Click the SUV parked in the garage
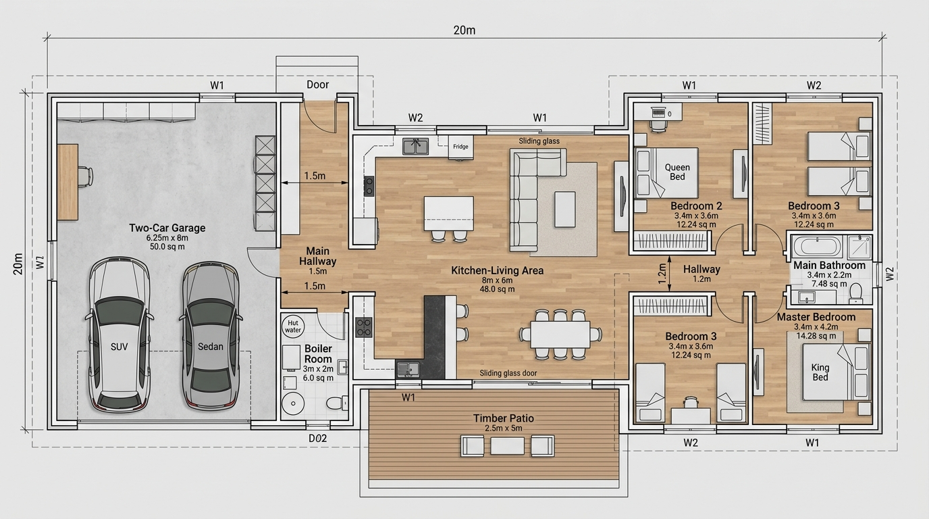click(x=120, y=335)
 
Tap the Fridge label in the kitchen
click(x=460, y=147)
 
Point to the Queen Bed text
click(x=677, y=172)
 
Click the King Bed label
click(x=820, y=372)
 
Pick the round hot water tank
click(x=293, y=326)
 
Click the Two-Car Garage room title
click(x=167, y=228)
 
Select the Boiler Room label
click(x=318, y=353)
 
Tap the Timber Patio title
click(x=504, y=418)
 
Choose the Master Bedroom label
click(x=816, y=317)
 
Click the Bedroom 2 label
click(x=696, y=206)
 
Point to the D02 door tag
click(x=318, y=438)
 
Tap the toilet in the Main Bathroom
click(x=855, y=293)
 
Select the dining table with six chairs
click(x=560, y=335)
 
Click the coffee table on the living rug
click(x=565, y=209)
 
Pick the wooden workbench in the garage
click(x=68, y=182)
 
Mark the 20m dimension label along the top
click(x=464, y=30)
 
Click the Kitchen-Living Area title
click(x=498, y=271)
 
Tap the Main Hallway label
click(x=318, y=256)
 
